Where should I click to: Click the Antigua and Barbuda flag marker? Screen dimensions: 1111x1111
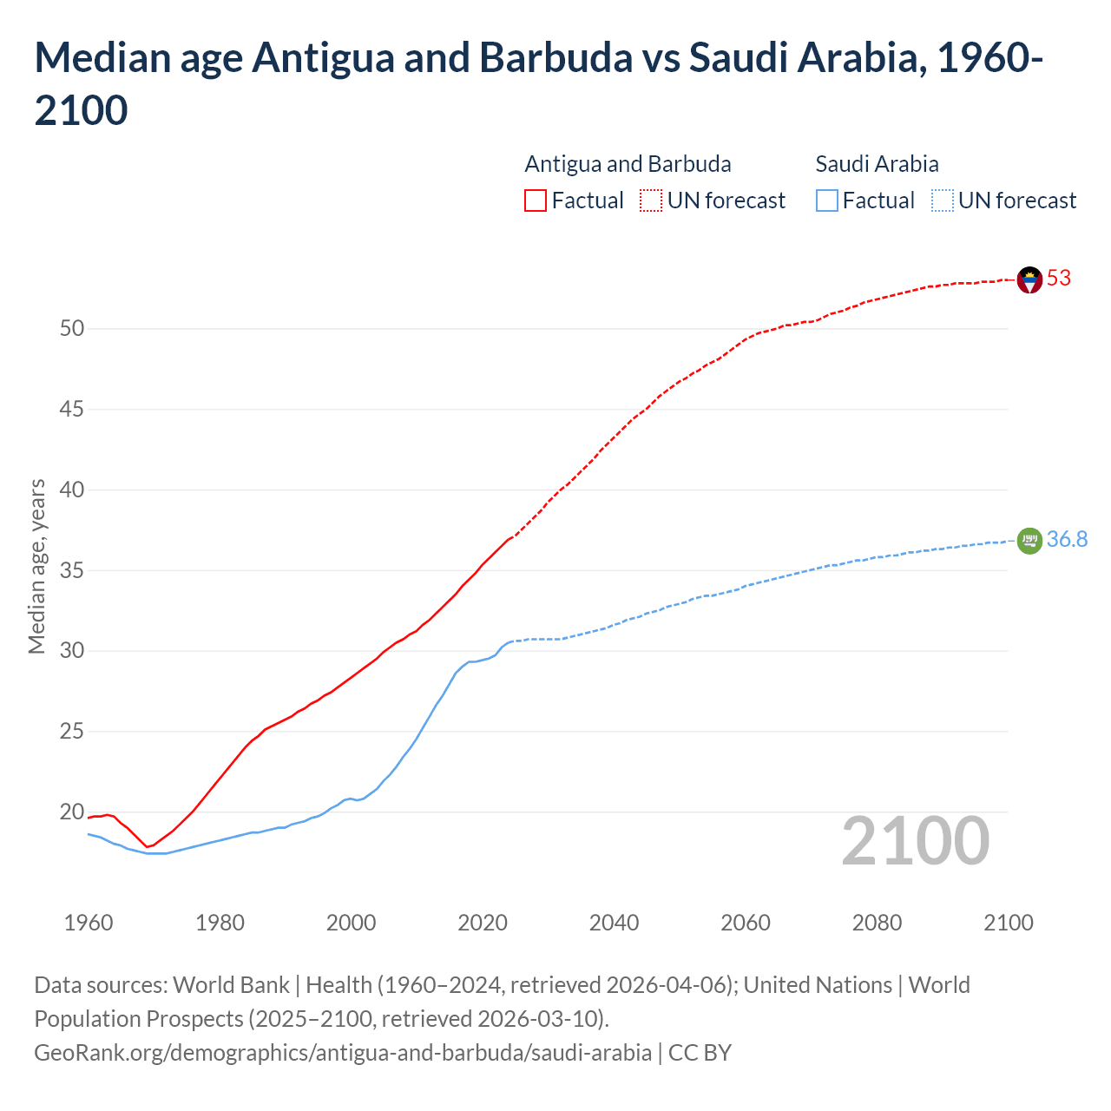[1029, 279]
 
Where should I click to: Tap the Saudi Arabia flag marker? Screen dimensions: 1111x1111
[1029, 541]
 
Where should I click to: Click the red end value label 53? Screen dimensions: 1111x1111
[1059, 279]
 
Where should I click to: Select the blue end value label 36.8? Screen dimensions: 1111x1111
[1067, 540]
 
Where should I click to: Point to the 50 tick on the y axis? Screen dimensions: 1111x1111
[72, 328]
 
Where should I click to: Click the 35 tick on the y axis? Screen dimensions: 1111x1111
[72, 570]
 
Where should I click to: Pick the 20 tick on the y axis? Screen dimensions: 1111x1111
[72, 812]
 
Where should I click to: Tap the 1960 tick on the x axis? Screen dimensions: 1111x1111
[89, 923]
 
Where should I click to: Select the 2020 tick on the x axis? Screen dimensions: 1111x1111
[483, 923]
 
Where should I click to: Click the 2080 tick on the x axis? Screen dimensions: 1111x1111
[877, 923]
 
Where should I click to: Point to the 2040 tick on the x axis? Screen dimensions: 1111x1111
[614, 923]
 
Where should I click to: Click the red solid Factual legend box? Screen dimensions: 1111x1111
[536, 201]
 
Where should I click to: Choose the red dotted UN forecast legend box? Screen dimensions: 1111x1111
[651, 201]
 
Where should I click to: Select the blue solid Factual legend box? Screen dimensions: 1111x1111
[827, 201]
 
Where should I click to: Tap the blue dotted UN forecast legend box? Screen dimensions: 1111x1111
[942, 201]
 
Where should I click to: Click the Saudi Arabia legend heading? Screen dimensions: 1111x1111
[877, 164]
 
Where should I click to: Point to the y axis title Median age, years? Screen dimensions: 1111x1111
[36, 566]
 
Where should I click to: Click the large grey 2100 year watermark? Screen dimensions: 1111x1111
[915, 841]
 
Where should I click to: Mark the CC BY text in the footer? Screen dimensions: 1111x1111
[700, 1053]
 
